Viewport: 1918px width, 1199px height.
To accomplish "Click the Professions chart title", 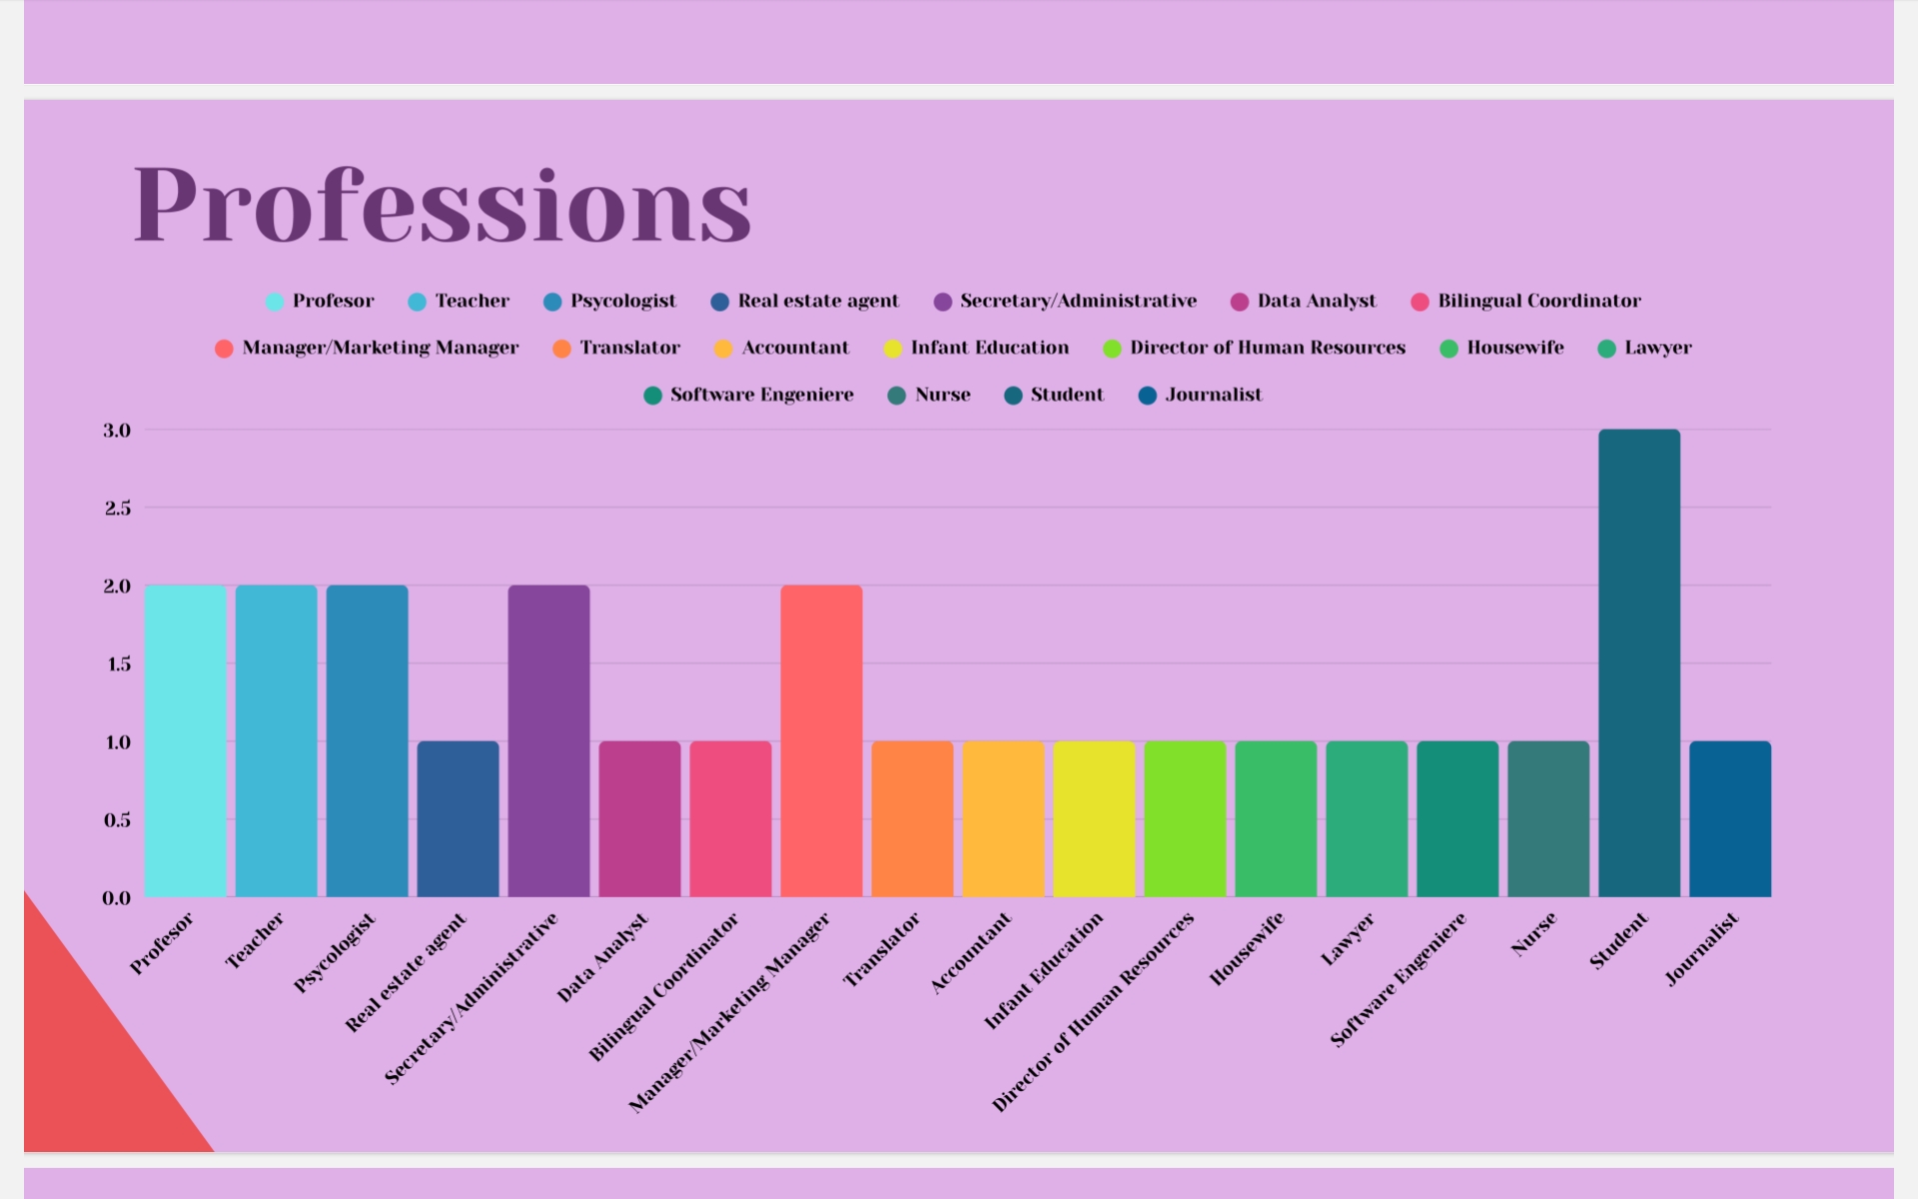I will point(442,205).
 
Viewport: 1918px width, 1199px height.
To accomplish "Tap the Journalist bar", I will point(1729,819).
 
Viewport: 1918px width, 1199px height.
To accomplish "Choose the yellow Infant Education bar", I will point(1094,819).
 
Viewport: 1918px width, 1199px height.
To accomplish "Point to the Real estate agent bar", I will point(458,819).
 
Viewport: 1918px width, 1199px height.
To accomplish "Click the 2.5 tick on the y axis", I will point(117,509).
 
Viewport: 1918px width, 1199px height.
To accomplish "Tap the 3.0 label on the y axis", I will point(117,431).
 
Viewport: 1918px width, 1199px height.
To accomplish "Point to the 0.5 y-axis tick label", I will point(117,820).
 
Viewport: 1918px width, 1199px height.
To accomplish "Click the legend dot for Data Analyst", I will point(1240,302).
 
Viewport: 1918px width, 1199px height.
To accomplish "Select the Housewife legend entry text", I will point(1514,348).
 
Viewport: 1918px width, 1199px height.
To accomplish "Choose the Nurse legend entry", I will point(942,395).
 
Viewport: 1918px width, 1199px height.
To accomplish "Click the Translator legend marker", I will point(561,349).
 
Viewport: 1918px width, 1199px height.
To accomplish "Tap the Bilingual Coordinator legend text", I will point(1538,301).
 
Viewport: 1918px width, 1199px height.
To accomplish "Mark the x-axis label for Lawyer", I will point(1348,940).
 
